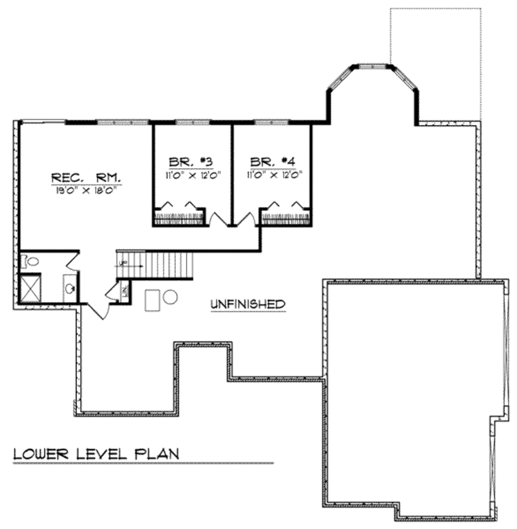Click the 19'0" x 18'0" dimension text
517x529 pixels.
[x=85, y=191]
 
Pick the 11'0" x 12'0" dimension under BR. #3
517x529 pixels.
[x=191, y=175]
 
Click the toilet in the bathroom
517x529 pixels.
[x=31, y=261]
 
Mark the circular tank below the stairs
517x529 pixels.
[x=171, y=296]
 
